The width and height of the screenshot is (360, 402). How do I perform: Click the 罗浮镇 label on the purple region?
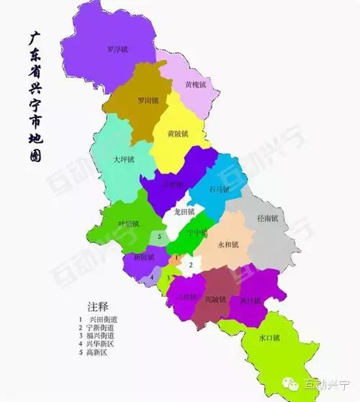117,50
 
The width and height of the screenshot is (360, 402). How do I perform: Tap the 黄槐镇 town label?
195,84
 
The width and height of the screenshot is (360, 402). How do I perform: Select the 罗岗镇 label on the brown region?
149,101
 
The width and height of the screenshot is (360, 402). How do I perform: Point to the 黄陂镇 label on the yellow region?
177,134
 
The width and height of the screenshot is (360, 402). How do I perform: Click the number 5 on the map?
159,236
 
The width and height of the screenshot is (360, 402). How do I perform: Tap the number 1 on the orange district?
176,258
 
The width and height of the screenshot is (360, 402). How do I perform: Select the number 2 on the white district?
190,265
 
